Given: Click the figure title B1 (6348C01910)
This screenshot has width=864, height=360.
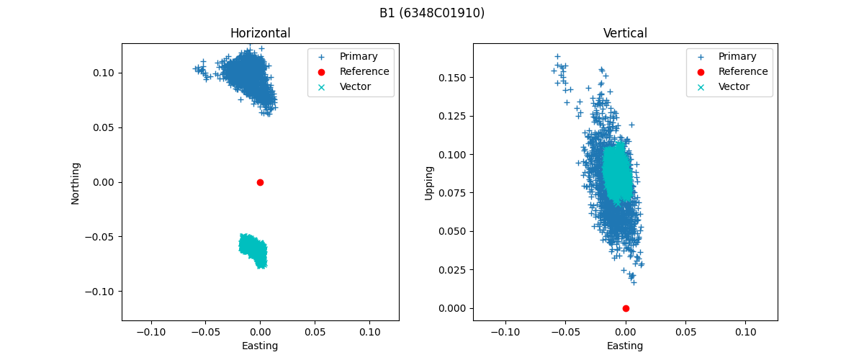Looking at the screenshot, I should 432,13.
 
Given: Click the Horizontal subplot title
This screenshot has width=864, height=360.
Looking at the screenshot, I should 260,33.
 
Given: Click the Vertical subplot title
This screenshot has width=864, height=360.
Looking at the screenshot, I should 625,33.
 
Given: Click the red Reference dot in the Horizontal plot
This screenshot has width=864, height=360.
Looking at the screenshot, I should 260,182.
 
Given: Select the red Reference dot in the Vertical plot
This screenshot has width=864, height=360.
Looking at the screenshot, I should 626,308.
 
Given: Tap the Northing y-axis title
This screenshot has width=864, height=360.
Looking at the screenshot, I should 76,183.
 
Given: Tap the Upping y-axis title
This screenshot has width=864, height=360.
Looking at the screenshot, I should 429,183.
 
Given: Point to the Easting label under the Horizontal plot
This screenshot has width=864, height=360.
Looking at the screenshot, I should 260,346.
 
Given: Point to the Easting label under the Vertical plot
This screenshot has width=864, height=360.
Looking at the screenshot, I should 625,346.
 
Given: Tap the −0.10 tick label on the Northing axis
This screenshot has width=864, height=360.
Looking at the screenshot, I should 100,292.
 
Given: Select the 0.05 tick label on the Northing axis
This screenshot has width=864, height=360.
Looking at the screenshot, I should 104,127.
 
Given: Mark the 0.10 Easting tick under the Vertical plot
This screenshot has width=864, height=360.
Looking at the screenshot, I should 745,332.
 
